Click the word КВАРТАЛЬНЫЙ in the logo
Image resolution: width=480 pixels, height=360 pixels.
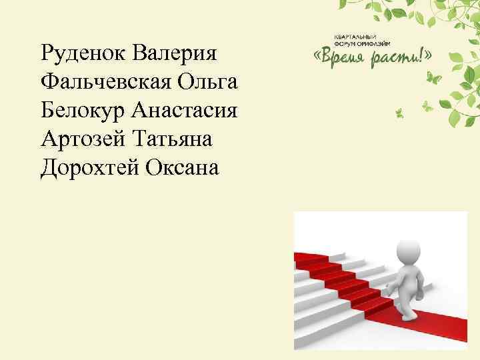pyautogui.click(x=355, y=34)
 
